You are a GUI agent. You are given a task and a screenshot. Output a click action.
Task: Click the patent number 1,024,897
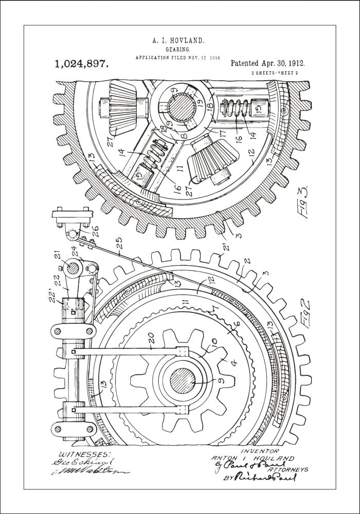pos(81,64)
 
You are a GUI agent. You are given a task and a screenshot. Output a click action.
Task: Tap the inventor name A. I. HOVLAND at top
pos(178,40)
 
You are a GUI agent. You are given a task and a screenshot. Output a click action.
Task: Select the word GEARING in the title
pos(178,49)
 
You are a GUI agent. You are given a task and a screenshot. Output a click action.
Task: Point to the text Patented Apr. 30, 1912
pos(267,64)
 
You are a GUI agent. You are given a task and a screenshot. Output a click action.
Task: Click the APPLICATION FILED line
pos(177,58)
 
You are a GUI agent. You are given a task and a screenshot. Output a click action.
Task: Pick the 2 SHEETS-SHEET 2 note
pos(275,74)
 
